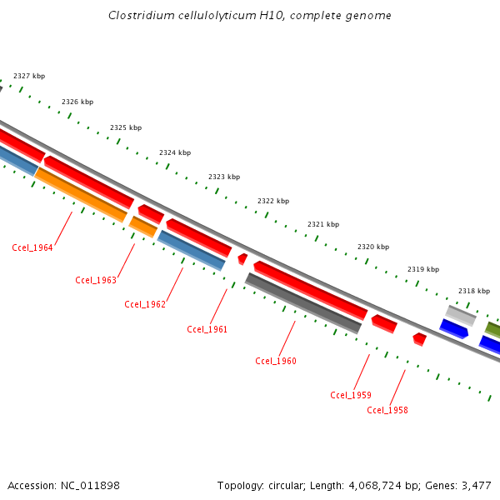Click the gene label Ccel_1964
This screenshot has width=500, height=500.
(x=32, y=247)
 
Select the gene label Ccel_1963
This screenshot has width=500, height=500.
(x=96, y=280)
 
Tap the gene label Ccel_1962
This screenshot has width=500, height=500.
(x=145, y=304)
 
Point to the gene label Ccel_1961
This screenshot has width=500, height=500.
(x=207, y=329)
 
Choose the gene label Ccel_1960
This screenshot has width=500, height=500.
(x=276, y=361)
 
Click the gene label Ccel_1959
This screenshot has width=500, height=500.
(x=351, y=395)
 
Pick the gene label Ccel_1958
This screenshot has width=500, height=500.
(x=387, y=410)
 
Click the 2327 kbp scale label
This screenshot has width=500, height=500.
(x=29, y=77)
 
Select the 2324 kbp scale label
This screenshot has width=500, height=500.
(x=175, y=152)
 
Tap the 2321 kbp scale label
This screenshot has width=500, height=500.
(x=323, y=224)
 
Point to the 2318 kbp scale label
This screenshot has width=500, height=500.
(x=474, y=291)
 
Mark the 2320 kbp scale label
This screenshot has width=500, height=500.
(x=373, y=247)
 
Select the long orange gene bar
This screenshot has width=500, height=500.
(x=81, y=195)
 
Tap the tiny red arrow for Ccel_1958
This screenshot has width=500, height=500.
(x=420, y=339)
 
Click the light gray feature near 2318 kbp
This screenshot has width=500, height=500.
(x=461, y=315)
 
